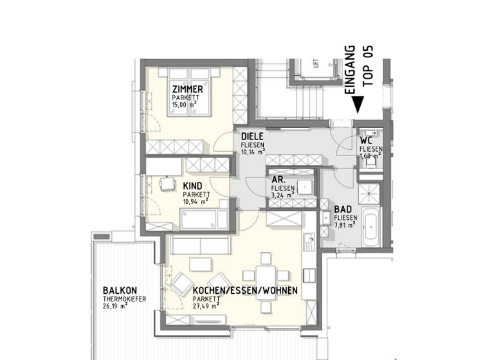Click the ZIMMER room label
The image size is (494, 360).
pos(187,89)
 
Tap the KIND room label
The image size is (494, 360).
pos(193,186)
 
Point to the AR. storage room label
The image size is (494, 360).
pos(279,181)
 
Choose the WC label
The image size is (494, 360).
pos(367,140)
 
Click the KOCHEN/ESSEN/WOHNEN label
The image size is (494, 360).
pos(245,291)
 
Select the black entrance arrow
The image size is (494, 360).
pos(359,104)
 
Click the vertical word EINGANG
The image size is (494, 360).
pos(351,69)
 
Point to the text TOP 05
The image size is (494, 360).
pos(368,62)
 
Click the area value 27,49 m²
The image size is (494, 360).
pos(206,305)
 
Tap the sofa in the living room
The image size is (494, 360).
pos(199,244)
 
